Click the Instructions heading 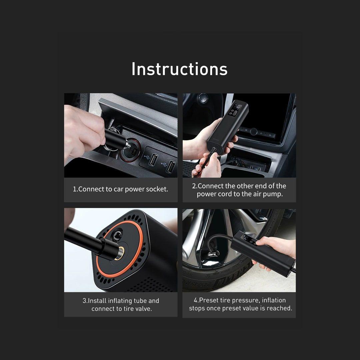point(179,69)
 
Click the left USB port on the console point(153,159)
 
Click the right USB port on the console point(171,166)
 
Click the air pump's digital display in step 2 point(236,107)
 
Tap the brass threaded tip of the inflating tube point(120,253)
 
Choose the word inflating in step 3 point(120,301)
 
